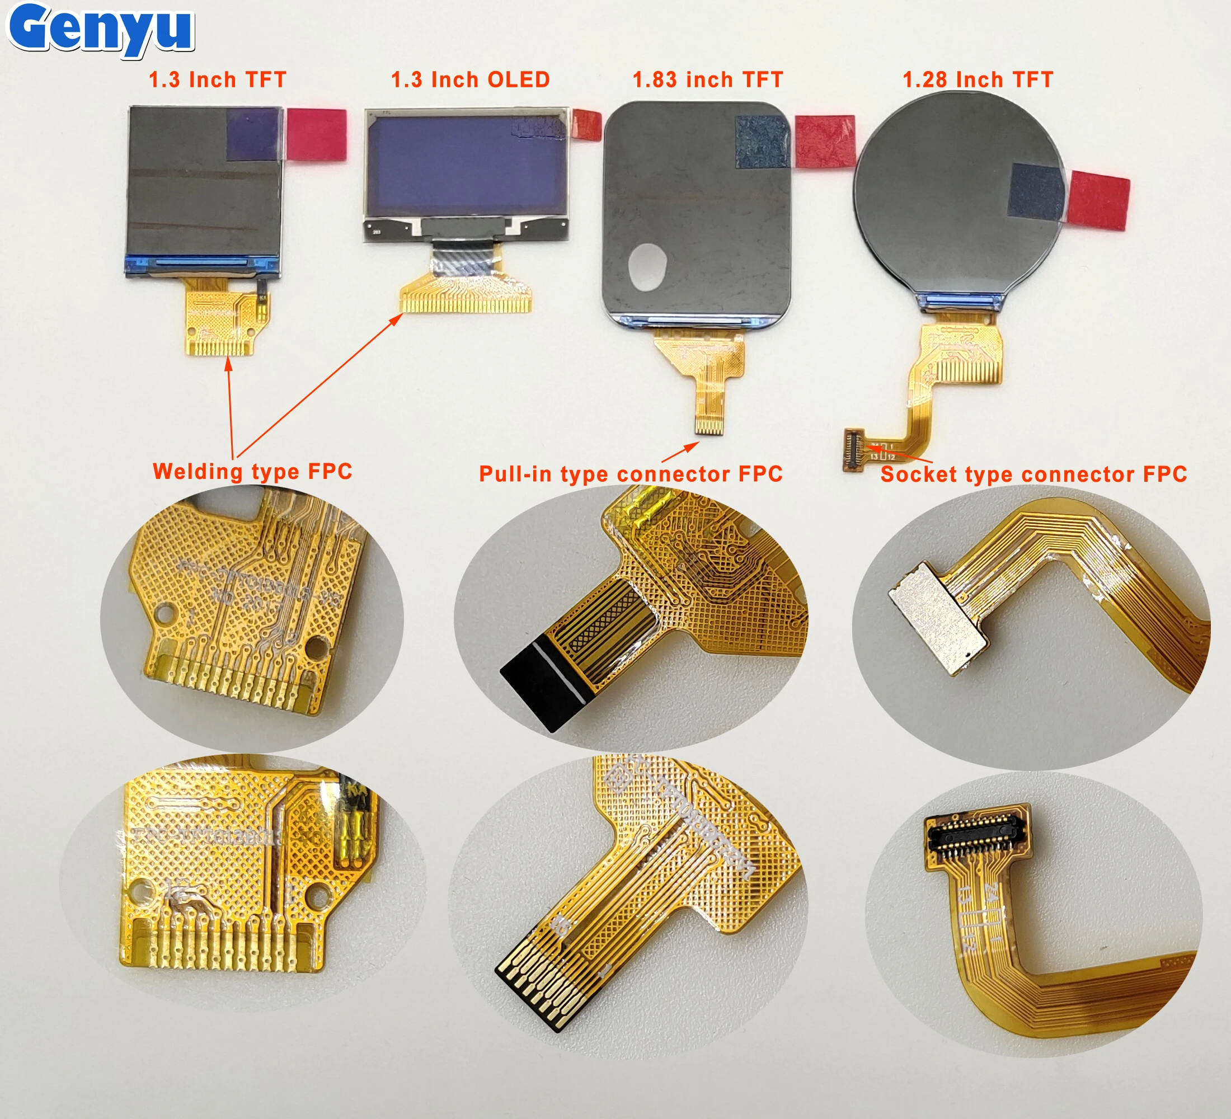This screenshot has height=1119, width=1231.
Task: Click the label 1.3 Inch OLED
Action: coord(470,80)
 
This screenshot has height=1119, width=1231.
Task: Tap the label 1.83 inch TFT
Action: coord(707,80)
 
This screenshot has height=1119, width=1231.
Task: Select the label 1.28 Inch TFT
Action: coord(978,80)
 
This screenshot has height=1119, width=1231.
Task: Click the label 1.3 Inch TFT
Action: coord(217,80)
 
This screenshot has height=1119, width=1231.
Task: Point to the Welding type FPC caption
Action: coord(252,472)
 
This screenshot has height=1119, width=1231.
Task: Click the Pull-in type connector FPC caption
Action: coord(630,474)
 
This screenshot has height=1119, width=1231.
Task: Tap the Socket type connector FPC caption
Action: coord(1033,474)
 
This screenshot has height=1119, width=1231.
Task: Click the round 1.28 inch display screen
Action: coord(952,195)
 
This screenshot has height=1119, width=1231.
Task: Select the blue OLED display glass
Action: coord(467,165)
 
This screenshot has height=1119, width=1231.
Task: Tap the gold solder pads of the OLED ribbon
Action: coord(466,303)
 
